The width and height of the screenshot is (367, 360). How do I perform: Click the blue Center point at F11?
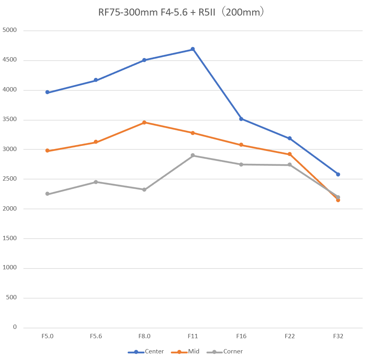[x=193, y=49]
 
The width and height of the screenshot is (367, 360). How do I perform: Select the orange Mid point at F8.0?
[x=144, y=123]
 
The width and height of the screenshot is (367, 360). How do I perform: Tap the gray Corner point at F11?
[x=193, y=156]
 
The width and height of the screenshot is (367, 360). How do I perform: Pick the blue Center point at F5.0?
[x=47, y=92]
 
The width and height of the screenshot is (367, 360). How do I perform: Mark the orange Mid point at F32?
[x=338, y=200]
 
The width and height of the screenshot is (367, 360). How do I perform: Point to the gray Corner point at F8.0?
[x=144, y=190]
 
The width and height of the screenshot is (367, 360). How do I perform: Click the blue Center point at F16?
[x=241, y=119]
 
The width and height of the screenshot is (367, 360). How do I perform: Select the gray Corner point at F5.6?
[x=96, y=182]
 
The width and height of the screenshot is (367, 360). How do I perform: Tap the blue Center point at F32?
[x=338, y=174]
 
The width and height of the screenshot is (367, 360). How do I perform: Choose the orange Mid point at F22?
[x=290, y=155]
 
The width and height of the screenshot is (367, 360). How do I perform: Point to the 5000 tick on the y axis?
[x=10, y=30]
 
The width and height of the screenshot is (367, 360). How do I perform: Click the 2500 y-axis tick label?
[x=10, y=179]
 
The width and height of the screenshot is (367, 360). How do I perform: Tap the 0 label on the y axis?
[x=15, y=327]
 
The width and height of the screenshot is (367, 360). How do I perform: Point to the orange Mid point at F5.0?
[x=47, y=151]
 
